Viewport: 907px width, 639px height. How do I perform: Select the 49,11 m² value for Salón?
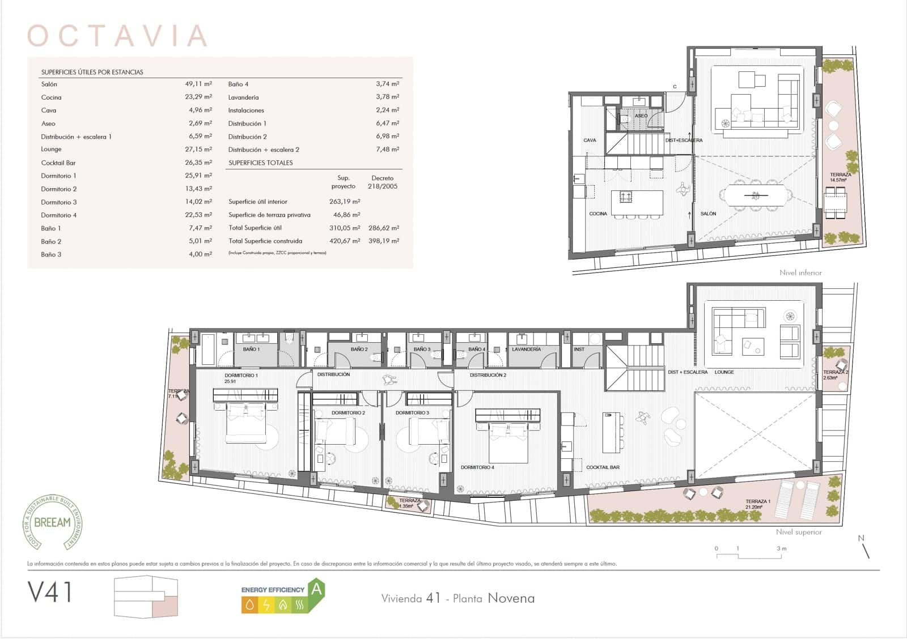(198, 84)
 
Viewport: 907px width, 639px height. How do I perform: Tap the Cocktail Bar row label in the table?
(58, 163)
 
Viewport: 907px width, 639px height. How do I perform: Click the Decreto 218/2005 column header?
(383, 182)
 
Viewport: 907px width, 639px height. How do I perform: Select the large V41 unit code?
(50, 593)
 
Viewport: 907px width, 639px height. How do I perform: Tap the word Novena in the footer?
(511, 598)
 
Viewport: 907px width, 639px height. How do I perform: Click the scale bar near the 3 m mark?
(781, 556)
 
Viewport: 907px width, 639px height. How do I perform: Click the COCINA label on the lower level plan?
(597, 214)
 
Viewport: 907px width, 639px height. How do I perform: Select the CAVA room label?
(590, 140)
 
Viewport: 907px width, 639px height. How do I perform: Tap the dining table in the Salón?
(756, 196)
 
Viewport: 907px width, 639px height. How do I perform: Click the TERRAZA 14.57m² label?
(840, 177)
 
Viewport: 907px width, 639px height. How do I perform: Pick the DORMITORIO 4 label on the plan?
(477, 467)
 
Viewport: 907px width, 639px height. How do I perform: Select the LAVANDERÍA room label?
(526, 350)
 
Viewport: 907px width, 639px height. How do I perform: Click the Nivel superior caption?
(799, 532)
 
